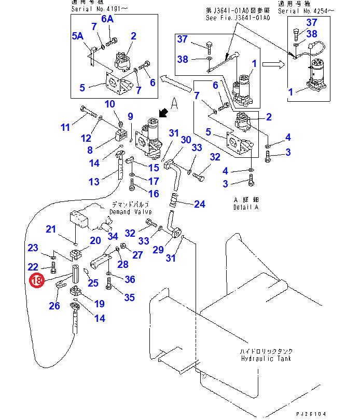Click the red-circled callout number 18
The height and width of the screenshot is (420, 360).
tap(36, 281)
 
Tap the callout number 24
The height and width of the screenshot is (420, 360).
tap(199, 204)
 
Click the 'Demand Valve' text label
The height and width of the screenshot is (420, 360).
tap(130, 212)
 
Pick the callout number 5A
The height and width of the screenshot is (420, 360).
tap(77, 36)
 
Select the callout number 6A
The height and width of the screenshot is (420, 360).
tap(107, 19)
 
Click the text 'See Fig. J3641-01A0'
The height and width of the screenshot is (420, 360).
tap(238, 17)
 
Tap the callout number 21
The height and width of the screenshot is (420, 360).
tap(50, 229)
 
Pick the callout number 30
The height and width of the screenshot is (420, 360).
tap(186, 140)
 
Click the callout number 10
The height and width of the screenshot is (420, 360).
tap(109, 104)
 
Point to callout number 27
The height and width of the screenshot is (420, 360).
tap(137, 254)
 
